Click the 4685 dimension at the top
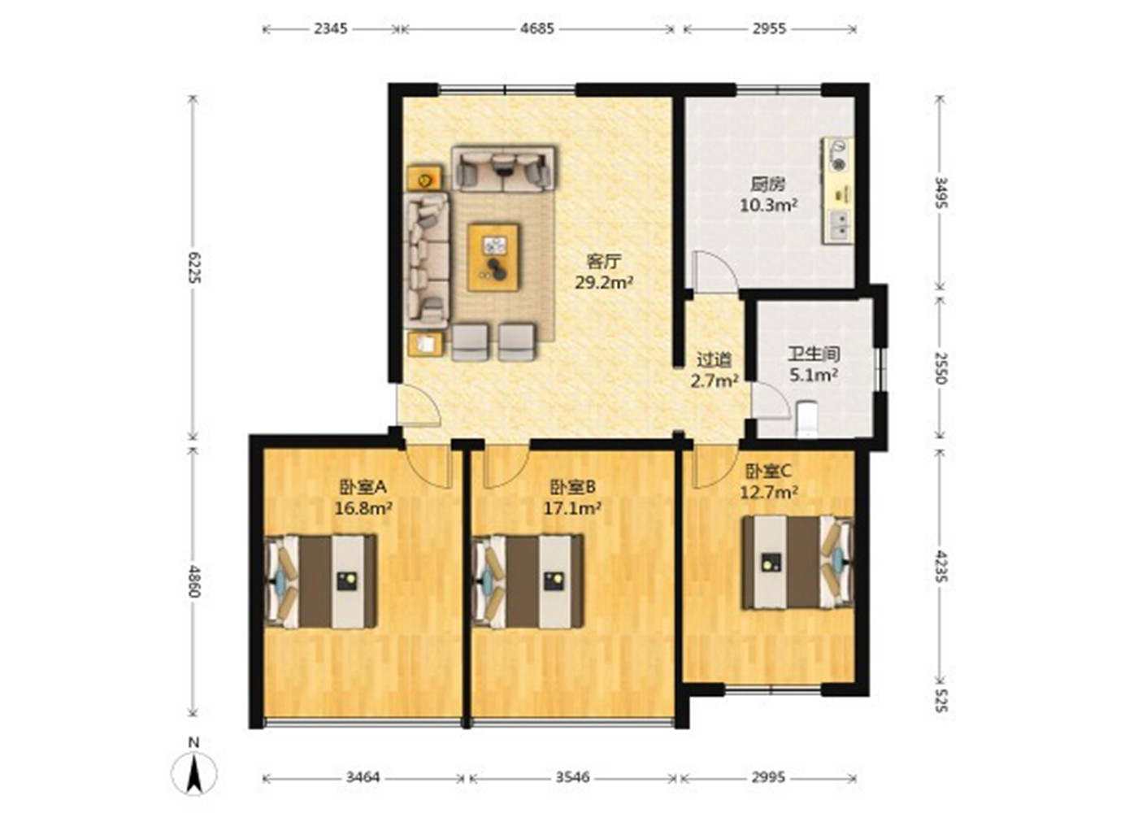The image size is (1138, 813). click(x=537, y=28)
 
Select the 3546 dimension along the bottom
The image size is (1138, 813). click(x=572, y=777)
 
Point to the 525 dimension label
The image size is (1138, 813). click(x=941, y=700)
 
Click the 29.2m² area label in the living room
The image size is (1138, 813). click(x=604, y=282)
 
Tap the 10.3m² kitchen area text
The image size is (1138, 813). click(x=768, y=205)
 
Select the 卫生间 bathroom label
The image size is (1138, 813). click(x=814, y=354)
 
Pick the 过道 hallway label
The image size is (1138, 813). click(x=714, y=359)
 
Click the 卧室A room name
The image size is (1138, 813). click(x=363, y=487)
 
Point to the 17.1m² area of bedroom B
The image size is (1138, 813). click(x=573, y=507)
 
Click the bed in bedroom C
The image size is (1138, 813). click(x=798, y=562)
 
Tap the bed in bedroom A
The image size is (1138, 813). click(x=320, y=581)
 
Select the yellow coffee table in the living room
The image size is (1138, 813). click(x=493, y=257)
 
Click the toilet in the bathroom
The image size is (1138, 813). click(x=806, y=418)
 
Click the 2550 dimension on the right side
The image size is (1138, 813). click(x=941, y=367)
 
